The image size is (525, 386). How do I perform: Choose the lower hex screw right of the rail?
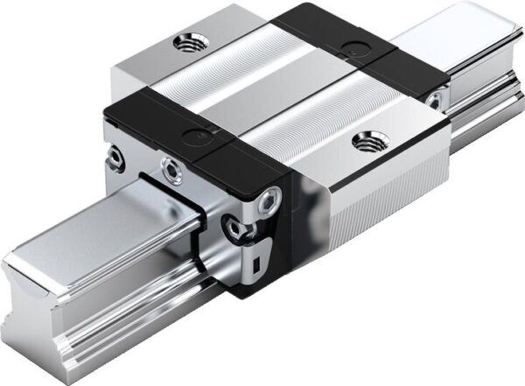pos(234,229)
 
